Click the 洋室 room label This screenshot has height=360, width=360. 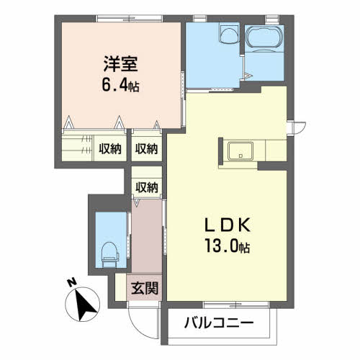coord(120,63)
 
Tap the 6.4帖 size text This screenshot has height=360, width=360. coord(120,86)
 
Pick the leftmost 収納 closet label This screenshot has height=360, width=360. coord(109,149)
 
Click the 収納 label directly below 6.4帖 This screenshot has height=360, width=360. coord(146,149)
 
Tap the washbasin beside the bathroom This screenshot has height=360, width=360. coord(228,35)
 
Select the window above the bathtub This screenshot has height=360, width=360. coord(272,17)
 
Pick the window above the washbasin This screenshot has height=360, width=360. coord(226,17)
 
